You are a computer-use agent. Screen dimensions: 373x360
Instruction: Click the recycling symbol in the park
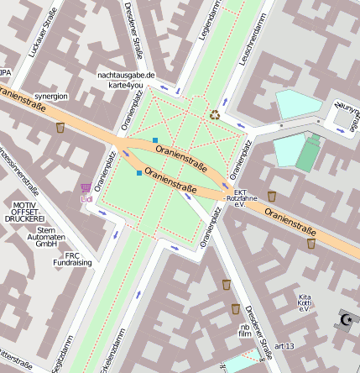coord(216,113)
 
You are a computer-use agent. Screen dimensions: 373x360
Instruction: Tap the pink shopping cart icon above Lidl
coord(86,188)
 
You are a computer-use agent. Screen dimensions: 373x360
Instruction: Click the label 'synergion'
coord(51,97)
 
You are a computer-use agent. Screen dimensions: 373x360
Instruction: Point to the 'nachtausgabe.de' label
coord(127,76)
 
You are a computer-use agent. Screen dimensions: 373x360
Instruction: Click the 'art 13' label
coord(284,346)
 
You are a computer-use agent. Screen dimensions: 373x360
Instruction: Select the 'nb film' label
coord(244,329)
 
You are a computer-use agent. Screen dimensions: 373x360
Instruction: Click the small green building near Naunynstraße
coord(308,154)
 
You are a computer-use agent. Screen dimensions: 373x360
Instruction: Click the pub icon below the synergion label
coord(60,128)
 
